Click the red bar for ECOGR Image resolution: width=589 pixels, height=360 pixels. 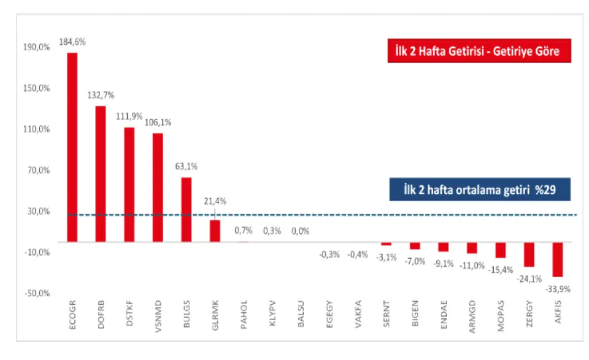[72, 147]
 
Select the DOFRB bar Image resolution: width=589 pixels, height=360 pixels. [101, 174]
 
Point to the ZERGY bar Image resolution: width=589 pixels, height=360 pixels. [529, 254]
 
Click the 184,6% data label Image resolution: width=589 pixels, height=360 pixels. [72, 42]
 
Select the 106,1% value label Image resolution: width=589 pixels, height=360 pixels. [158, 122]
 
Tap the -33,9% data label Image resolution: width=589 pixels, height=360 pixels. [557, 288]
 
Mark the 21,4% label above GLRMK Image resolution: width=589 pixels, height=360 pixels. [215, 201]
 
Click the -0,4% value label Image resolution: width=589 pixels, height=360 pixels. [358, 254]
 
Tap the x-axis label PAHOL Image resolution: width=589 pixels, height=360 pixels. [244, 316]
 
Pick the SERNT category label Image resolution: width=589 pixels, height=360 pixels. [386, 316]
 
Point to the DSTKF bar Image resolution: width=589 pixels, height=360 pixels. [129, 185]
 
